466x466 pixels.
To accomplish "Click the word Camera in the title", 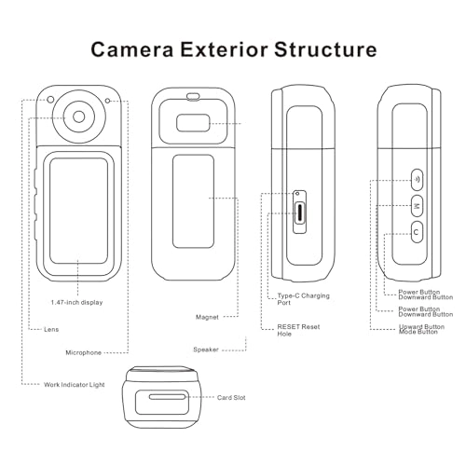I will [138, 48].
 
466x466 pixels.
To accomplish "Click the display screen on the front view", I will [79, 211].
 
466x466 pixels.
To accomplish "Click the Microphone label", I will [89, 353].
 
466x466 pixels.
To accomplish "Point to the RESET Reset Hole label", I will [297, 332].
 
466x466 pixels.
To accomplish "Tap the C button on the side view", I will [416, 231].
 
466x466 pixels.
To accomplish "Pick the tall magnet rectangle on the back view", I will [193, 198].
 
